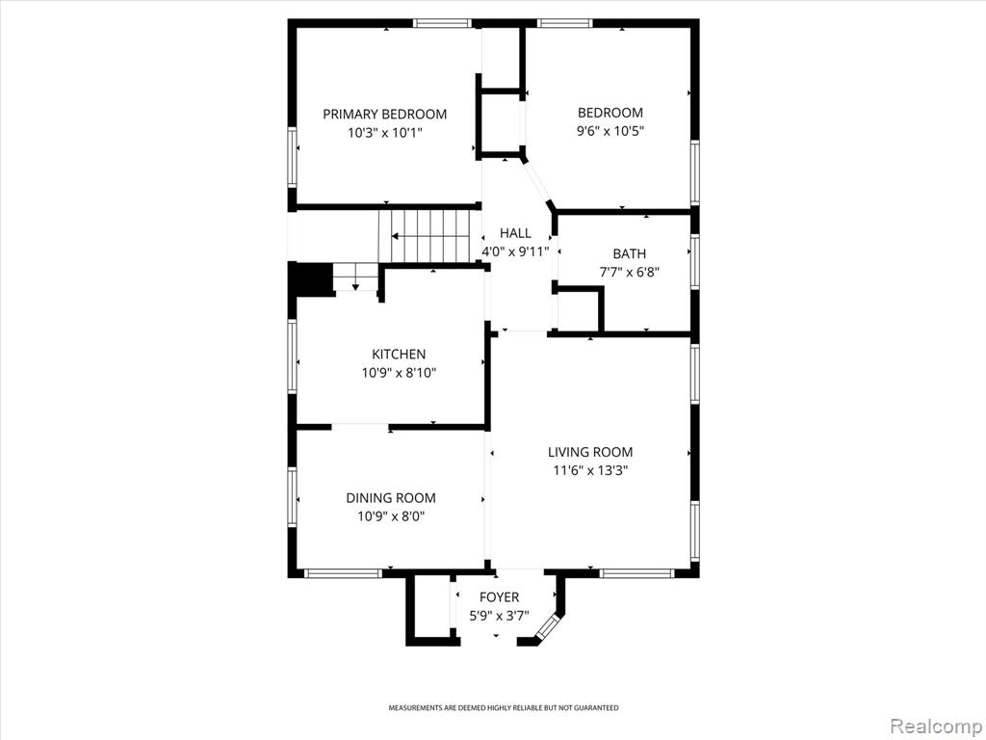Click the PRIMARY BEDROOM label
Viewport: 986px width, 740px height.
(x=385, y=114)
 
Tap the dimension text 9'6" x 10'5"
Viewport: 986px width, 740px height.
(x=610, y=131)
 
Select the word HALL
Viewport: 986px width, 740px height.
(x=515, y=233)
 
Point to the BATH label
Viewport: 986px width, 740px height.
(x=629, y=253)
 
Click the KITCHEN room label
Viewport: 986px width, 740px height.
(x=399, y=355)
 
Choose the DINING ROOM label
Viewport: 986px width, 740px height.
(x=391, y=498)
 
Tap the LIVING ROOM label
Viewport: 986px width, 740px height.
(x=590, y=452)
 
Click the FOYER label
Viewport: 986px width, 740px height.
(x=500, y=597)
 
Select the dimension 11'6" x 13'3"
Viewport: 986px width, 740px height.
(x=590, y=470)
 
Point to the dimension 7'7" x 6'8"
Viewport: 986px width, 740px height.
(x=629, y=273)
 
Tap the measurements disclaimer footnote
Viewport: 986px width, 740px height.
(x=503, y=708)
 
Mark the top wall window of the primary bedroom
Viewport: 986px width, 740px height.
(x=442, y=24)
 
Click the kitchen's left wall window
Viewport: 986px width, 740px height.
(x=293, y=357)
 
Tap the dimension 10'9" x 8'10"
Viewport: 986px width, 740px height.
(x=399, y=373)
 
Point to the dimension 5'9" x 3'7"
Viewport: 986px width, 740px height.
(x=500, y=616)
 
